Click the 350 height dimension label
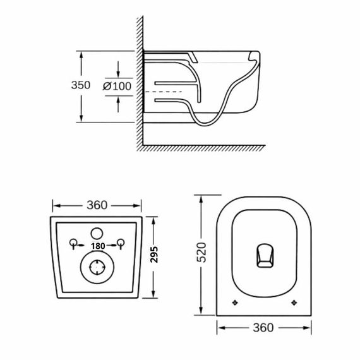point(81,85)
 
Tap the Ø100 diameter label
point(117,87)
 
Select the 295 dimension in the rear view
point(154,255)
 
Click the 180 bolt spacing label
point(98,246)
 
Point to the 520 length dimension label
point(202,253)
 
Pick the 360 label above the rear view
point(97,205)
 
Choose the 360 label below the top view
point(263,328)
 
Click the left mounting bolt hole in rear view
point(73,243)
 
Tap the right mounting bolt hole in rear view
point(121,243)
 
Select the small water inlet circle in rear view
point(97,234)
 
